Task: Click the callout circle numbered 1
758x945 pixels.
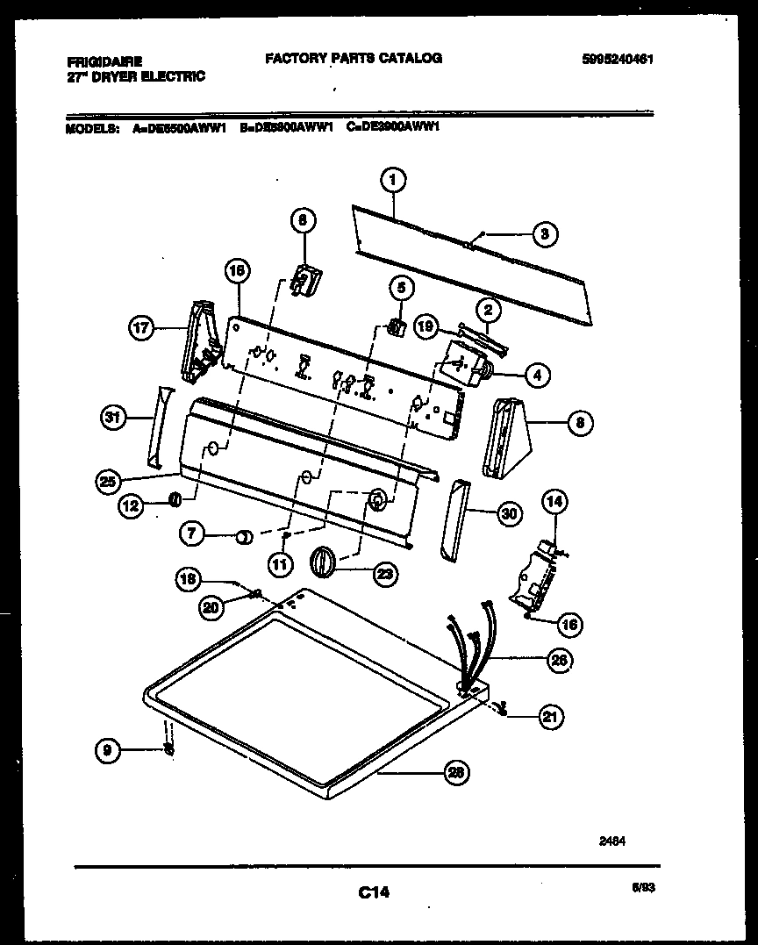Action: click(393, 181)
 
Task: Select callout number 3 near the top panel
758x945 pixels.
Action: click(544, 234)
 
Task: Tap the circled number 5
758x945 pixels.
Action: click(401, 287)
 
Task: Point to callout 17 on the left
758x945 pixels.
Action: click(141, 330)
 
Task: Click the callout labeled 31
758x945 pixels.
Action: click(111, 419)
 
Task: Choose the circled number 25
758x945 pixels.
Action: click(108, 480)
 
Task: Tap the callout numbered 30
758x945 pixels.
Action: click(508, 514)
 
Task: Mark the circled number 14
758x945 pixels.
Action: click(554, 503)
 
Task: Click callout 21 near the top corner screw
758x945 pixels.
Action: click(549, 716)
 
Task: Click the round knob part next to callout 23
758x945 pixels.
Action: click(324, 561)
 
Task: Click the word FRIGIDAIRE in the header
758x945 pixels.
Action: click(104, 62)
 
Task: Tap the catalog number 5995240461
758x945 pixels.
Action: click(618, 60)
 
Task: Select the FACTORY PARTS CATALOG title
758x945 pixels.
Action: click(353, 58)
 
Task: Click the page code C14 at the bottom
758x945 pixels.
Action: click(374, 893)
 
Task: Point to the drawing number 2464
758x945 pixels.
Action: click(612, 840)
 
